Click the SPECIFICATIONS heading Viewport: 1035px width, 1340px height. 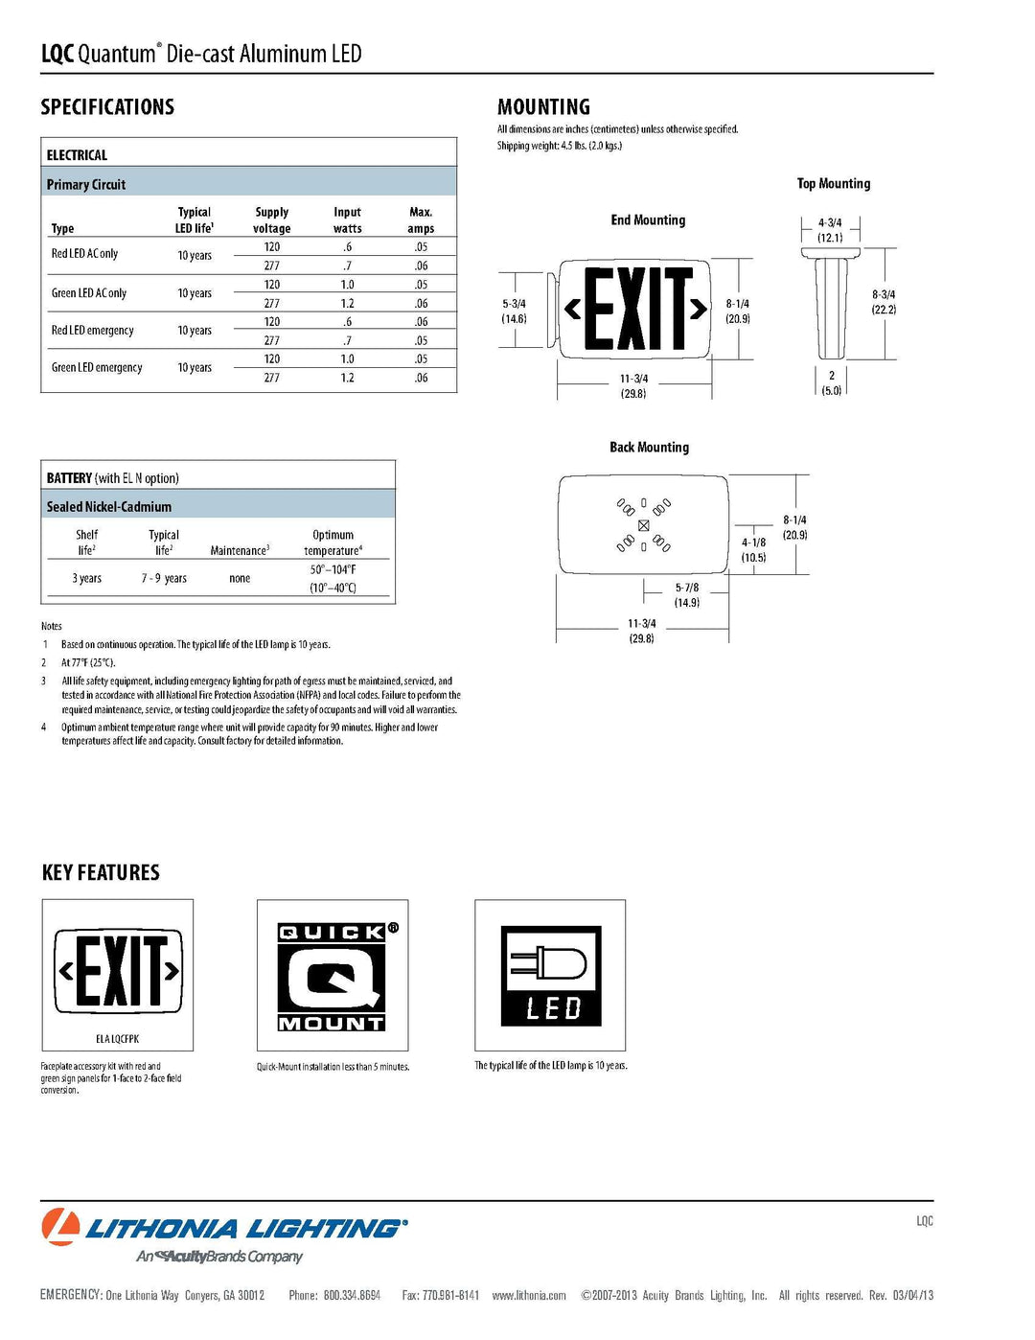click(107, 107)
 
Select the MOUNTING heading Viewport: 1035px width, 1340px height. click(543, 107)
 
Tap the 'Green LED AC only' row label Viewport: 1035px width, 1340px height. click(89, 293)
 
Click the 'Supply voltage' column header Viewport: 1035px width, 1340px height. click(272, 220)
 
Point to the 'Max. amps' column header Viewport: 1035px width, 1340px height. click(421, 220)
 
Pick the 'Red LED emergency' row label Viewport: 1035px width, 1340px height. click(93, 331)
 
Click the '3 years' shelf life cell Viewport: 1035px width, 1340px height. click(87, 579)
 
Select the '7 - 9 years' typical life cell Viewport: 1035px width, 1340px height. click(164, 579)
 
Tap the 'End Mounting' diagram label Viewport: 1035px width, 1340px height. click(648, 220)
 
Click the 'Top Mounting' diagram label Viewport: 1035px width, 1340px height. click(834, 184)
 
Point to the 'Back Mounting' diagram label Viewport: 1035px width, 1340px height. click(649, 448)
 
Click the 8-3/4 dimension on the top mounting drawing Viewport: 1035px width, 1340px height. click(884, 302)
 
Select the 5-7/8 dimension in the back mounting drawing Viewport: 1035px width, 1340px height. click(687, 595)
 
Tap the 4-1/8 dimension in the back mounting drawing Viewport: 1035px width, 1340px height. click(753, 549)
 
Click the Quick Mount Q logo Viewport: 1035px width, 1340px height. click(332, 977)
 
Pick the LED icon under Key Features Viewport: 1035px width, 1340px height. click(551, 976)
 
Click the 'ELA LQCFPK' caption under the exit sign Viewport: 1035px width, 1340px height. click(117, 1039)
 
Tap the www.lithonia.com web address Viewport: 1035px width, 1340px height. click(529, 1296)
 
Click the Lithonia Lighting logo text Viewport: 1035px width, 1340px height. click(246, 1229)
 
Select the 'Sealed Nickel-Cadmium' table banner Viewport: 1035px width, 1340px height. click(109, 507)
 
